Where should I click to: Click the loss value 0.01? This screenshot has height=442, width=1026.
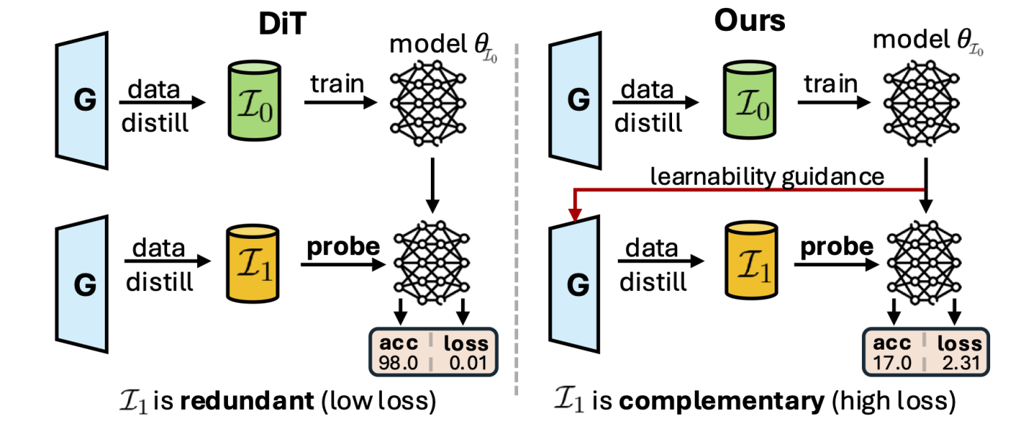click(467, 362)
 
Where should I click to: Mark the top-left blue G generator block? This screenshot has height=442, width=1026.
click(84, 100)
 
